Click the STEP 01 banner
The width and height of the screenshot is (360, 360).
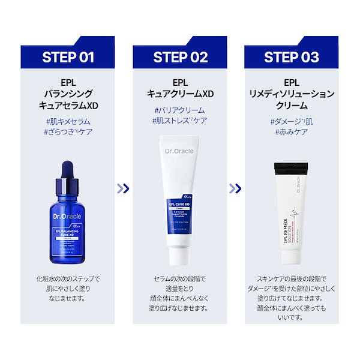68,57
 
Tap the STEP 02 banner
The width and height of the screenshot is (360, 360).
180,57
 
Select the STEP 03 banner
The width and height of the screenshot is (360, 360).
292,57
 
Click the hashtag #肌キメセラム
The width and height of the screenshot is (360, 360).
68,120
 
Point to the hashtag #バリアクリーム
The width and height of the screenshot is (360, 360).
180,110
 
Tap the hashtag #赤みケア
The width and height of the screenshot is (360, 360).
292,131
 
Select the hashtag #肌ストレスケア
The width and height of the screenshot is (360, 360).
180,121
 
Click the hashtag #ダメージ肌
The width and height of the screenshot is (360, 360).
292,121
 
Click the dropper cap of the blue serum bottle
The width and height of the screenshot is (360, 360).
68,175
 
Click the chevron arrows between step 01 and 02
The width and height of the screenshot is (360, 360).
124,188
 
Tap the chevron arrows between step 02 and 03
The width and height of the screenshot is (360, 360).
236,188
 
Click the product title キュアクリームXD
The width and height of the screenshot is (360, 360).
180,94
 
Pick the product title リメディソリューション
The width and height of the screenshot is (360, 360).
292,94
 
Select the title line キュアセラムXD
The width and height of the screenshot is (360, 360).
68,105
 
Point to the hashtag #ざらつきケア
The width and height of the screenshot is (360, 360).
68,131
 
